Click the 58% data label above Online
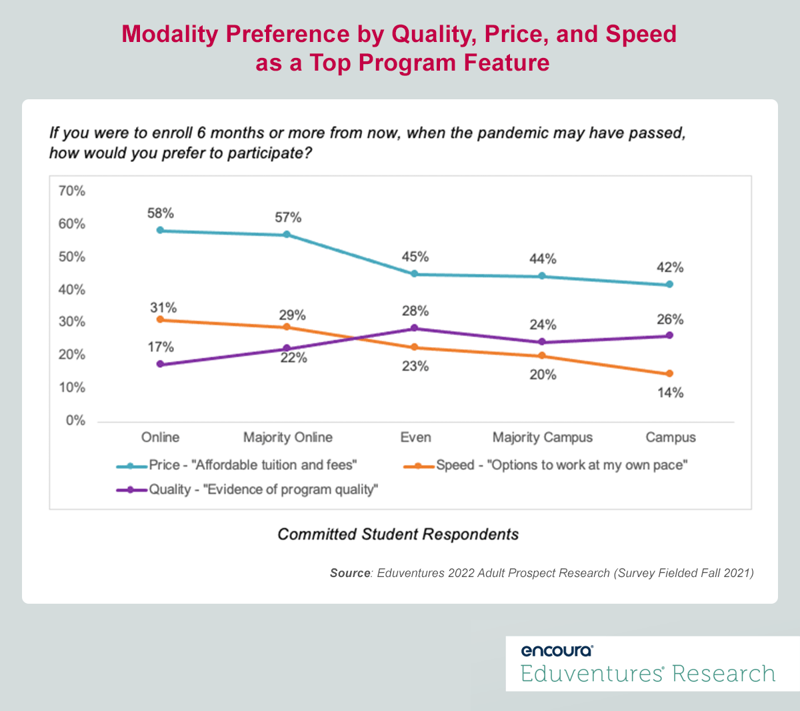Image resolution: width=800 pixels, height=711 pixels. tap(161, 213)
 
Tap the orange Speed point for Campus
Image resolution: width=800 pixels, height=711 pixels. tap(669, 374)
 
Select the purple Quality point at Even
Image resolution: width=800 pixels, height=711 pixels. tap(414, 329)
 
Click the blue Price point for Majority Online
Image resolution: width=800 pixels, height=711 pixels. tap(287, 235)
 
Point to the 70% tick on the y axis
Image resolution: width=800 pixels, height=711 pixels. tap(72, 192)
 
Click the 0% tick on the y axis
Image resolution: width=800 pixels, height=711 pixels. tap(75, 420)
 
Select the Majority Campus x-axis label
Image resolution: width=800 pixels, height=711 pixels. tap(542, 438)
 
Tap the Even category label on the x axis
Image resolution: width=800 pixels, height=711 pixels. tap(415, 438)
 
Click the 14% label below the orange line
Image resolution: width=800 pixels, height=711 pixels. tap(670, 392)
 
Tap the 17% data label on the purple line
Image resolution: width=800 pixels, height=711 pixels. tap(161, 347)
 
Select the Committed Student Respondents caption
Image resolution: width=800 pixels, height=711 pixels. tap(398, 534)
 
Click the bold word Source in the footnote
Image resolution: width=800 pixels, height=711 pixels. tap(349, 573)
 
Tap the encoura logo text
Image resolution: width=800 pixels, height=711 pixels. tap(557, 651)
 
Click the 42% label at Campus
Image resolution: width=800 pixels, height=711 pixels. tap(670, 267)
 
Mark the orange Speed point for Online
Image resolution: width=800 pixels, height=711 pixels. tap(160, 320)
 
